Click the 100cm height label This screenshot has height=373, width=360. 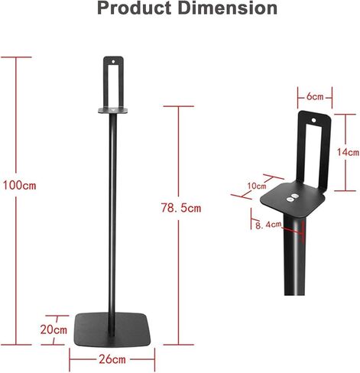click(19, 185)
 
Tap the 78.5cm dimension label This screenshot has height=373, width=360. click(181, 208)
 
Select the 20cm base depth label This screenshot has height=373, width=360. click(54, 329)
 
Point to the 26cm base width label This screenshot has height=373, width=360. click(112, 359)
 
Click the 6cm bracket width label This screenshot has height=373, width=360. click(315, 97)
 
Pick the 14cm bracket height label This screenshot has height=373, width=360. click(348, 152)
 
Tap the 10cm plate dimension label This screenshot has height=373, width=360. click(257, 186)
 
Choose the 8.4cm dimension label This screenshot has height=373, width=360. click(268, 225)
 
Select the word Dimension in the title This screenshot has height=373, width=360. click(229, 8)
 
